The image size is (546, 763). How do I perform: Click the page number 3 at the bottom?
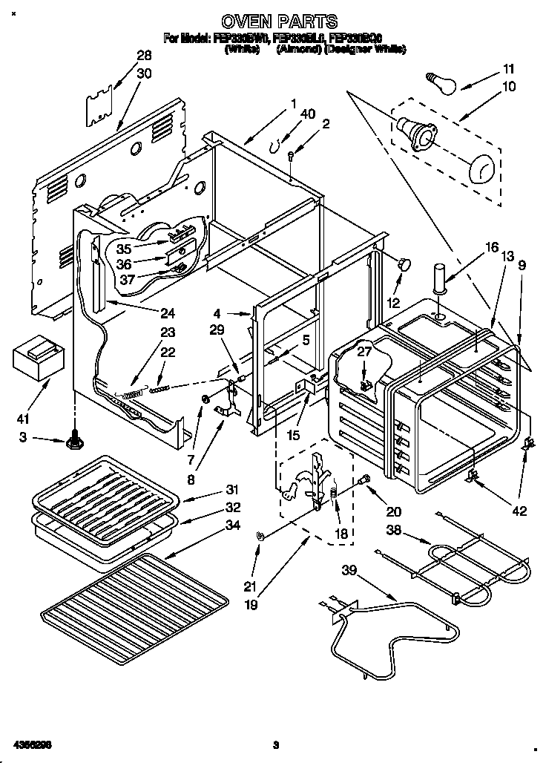pos(275,744)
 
